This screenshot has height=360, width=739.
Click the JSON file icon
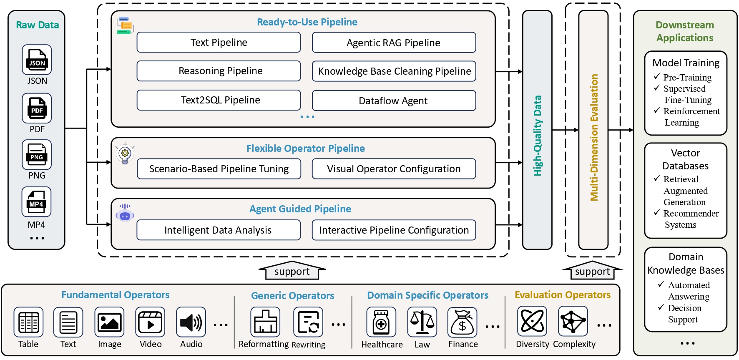[37, 60]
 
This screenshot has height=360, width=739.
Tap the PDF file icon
[37, 108]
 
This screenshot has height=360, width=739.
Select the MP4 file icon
[37, 202]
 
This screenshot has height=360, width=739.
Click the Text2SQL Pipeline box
[219, 100]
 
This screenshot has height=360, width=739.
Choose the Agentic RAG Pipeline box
[394, 43]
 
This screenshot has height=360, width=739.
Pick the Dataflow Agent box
[394, 101]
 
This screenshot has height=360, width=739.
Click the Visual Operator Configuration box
[394, 169]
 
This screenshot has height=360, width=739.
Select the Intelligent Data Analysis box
[219, 230]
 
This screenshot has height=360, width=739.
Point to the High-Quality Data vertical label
[537, 136]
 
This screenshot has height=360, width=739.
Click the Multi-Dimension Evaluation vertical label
[593, 138]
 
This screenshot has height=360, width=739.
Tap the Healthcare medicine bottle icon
[381, 322]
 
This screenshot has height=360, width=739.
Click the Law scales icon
[422, 322]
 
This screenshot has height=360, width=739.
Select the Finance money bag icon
[463, 322]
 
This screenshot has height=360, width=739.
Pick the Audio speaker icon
[191, 322]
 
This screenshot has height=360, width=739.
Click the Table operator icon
[28, 322]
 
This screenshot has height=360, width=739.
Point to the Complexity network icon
[573, 321]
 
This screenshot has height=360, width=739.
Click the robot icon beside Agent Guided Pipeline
[125, 213]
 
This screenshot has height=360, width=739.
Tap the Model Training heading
[686, 63]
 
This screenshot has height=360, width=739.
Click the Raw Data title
[37, 25]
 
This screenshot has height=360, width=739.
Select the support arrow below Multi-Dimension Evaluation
[592, 271]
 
